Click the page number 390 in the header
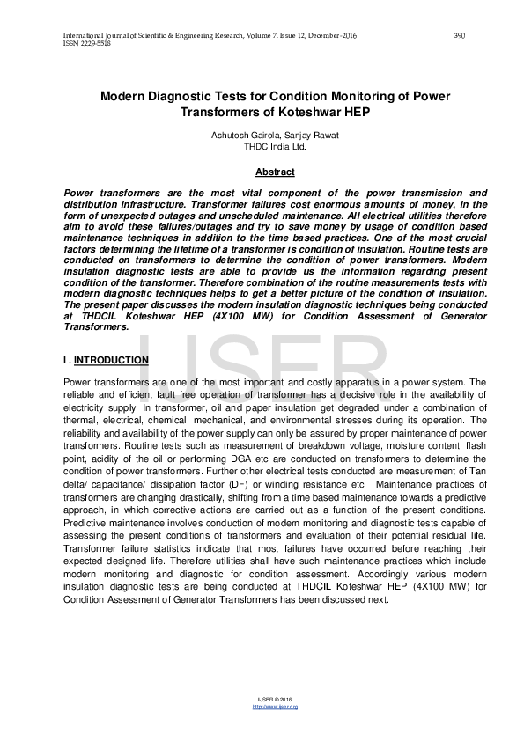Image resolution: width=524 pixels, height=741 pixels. coord(459,35)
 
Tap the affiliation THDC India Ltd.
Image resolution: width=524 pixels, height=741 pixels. coord(262,147)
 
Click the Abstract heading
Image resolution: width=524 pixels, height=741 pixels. coord(262,172)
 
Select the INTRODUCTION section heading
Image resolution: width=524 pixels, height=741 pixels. coord(111,361)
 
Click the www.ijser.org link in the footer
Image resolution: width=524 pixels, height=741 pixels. coord(275,707)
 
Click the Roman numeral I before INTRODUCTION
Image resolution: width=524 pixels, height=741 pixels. coord(65,361)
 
